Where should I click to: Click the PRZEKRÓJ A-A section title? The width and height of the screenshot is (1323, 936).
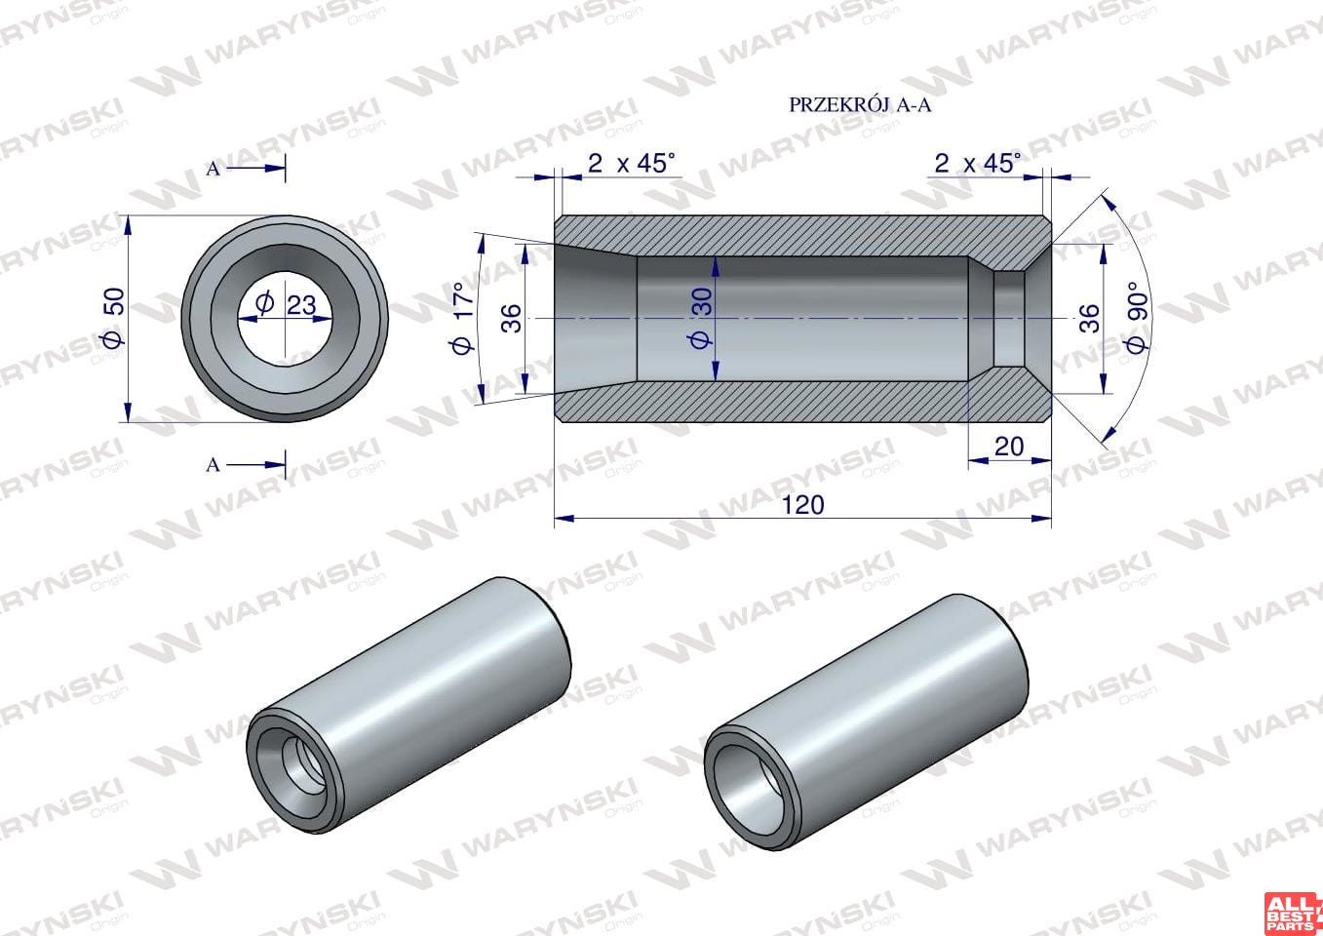coord(860,105)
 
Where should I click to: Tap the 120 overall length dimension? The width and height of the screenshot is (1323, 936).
coord(802,505)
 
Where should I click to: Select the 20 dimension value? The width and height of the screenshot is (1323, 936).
coord(1009,447)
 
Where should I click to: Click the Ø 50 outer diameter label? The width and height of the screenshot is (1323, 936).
coord(113,318)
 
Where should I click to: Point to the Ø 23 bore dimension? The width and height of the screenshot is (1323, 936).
coord(286,305)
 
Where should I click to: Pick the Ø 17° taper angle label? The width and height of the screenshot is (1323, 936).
coord(463,318)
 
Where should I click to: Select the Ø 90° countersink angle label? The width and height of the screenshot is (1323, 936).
coord(1137,318)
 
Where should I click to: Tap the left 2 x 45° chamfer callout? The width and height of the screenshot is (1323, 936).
coord(631,163)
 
